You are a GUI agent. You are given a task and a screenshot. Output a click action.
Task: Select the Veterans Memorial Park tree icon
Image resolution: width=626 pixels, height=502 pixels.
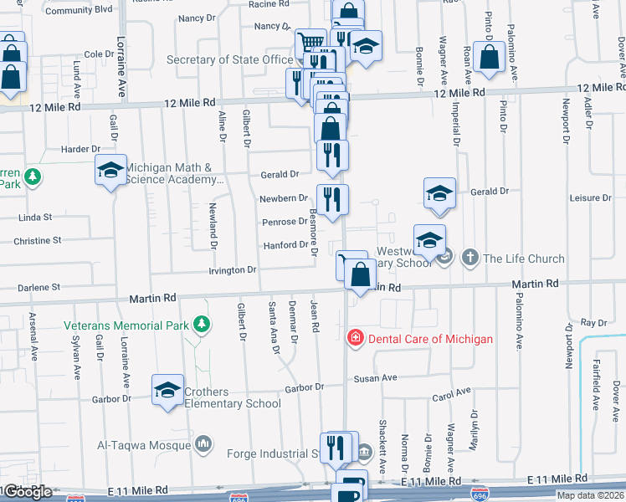[201, 324]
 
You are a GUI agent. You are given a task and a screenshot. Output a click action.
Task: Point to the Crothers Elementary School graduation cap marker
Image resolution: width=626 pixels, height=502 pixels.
[167, 390]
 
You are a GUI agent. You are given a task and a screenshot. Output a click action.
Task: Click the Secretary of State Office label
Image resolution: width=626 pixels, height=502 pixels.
[229, 59]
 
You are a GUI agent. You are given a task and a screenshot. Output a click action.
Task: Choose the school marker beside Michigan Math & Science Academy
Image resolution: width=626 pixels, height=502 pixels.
[110, 171]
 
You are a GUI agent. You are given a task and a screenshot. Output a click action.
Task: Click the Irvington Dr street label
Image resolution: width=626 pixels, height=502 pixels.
[233, 270]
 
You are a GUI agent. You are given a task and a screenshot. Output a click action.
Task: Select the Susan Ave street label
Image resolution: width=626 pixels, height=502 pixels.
[377, 378]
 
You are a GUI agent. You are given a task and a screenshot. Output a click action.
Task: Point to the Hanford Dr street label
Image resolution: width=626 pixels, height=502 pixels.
[286, 245]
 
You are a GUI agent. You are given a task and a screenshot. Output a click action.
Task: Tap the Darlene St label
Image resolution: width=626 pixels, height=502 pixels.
[45, 287]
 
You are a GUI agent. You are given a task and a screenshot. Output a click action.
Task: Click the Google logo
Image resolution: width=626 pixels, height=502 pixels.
[28, 492]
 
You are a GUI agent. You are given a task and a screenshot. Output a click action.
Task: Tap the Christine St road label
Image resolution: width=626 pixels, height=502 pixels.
[38, 240]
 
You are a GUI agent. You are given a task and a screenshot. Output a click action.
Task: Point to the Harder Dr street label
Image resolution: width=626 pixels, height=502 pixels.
[80, 149]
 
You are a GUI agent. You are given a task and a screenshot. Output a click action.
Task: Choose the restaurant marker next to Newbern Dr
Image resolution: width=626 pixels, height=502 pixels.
[332, 201]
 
